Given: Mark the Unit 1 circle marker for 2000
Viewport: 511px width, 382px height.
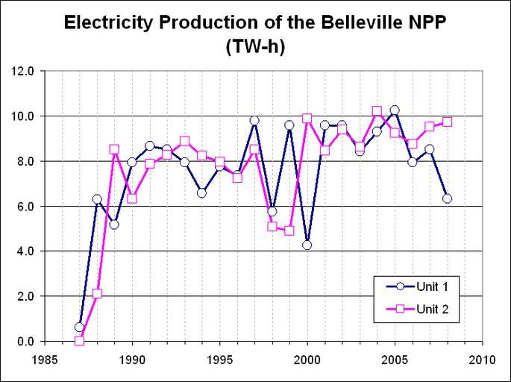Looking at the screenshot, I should [x=307, y=245].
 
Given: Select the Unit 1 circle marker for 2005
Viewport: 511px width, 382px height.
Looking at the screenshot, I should [x=395, y=110].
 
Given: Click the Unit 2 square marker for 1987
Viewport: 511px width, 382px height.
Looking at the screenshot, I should [x=80, y=341].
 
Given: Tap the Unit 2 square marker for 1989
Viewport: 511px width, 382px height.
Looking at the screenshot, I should [x=115, y=149].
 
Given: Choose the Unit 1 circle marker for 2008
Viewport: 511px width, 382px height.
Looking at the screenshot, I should [x=447, y=198].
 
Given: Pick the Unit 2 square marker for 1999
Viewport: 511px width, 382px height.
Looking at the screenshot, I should [x=289, y=231].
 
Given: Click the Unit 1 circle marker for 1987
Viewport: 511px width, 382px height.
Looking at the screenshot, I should [x=80, y=327].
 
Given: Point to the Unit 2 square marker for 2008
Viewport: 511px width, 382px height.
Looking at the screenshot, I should [x=447, y=122].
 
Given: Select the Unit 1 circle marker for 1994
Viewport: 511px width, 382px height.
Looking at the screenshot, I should [x=202, y=192].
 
